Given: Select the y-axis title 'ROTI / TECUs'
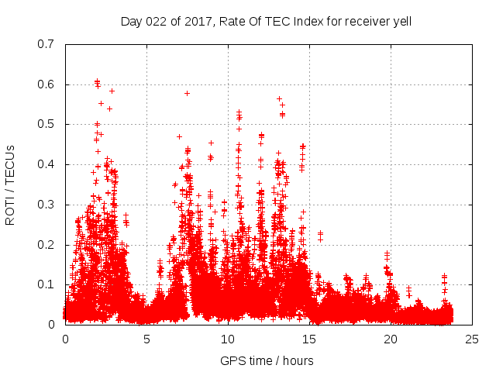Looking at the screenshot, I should (x=11, y=184).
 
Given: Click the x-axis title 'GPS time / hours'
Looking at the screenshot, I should (x=267, y=360).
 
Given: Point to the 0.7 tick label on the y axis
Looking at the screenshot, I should (x=46, y=44).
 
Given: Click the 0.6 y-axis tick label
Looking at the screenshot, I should (x=46, y=84).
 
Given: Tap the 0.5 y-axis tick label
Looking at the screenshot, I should (x=46, y=124).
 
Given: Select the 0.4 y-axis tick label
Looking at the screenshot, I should (x=46, y=164).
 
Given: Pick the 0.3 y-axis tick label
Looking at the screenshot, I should (x=46, y=205).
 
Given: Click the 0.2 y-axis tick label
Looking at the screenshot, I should (x=46, y=244).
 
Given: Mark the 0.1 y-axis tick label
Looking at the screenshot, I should (x=46, y=284).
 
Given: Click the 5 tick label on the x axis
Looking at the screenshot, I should (x=146, y=339).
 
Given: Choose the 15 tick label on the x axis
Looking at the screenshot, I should (x=309, y=339).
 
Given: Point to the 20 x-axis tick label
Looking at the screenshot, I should (x=391, y=339).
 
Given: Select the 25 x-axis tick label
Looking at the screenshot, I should (x=472, y=339).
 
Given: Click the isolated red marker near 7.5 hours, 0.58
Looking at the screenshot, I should (x=187, y=93).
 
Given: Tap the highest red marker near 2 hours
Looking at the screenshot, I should (x=97, y=81).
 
